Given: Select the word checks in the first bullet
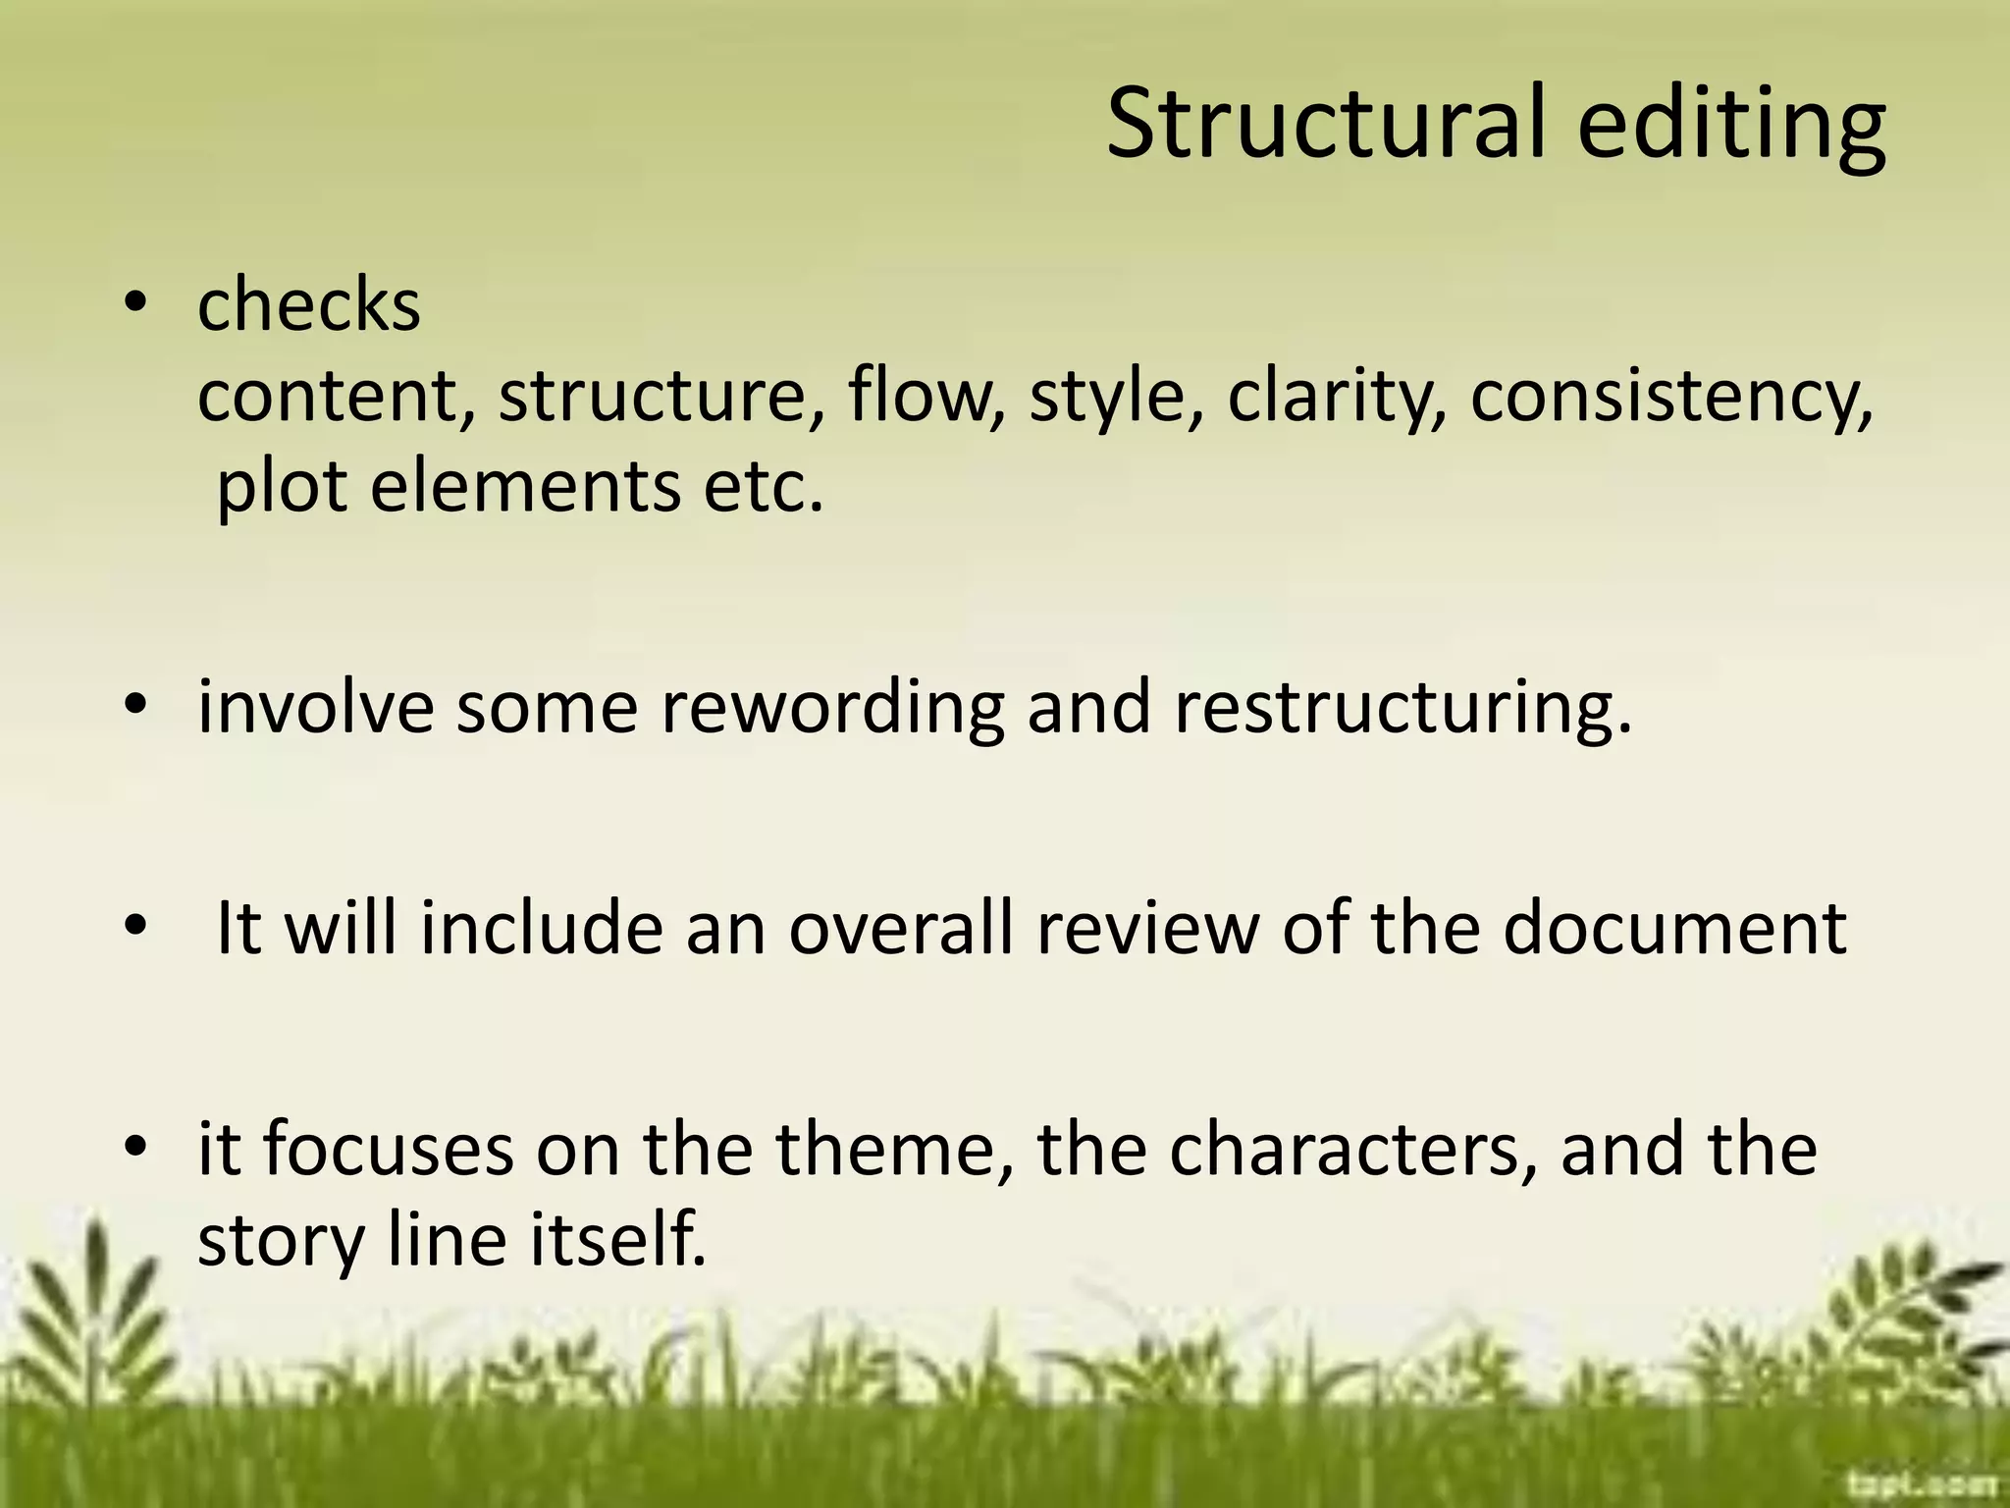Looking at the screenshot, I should pos(309,304).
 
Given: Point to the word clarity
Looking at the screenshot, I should pos(1336,397).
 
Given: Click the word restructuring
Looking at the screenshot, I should pos(1402,707).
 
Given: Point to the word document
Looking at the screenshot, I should pos(1674,928).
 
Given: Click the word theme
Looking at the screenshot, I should pos(894,1149).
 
